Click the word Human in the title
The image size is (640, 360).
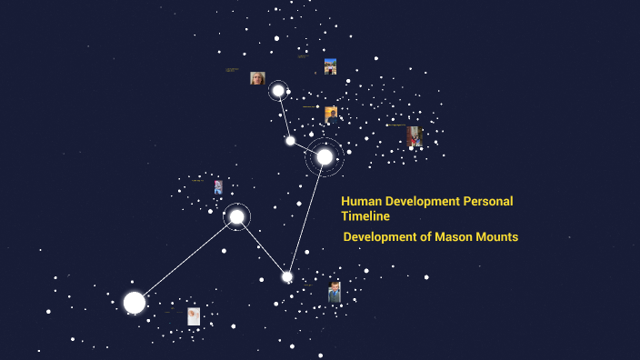pyautogui.click(x=361, y=201)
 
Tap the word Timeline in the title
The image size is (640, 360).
pyautogui.click(x=365, y=216)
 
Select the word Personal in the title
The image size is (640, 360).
pyautogui.click(x=488, y=201)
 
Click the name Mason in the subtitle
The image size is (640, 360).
pyautogui.click(x=453, y=236)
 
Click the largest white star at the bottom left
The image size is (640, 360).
pyautogui.click(x=135, y=303)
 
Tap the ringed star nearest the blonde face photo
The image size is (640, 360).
pyautogui.click(x=278, y=91)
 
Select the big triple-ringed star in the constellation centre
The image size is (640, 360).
pyautogui.click(x=325, y=156)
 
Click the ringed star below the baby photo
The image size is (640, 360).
pyautogui.click(x=236, y=216)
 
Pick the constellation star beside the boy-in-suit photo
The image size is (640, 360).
pyautogui.click(x=287, y=276)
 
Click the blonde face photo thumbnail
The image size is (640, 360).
pyautogui.click(x=257, y=78)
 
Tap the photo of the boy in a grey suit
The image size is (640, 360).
pyautogui.click(x=335, y=292)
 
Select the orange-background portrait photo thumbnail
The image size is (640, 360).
pyautogui.click(x=331, y=114)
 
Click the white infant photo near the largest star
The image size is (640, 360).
pyautogui.click(x=194, y=315)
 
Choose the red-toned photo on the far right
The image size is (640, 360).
pyautogui.click(x=415, y=136)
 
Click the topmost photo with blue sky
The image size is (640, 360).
pyautogui.click(x=330, y=66)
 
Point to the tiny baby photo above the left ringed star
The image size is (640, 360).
pyautogui.click(x=218, y=187)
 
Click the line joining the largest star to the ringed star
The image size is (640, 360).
pyautogui.click(x=185, y=259)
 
